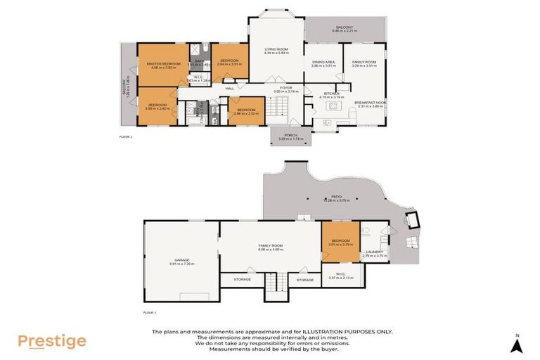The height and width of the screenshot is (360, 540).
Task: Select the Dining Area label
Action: tap(323, 61)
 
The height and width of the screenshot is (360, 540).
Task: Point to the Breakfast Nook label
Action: tap(368, 101)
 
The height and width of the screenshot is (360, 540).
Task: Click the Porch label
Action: tap(290, 134)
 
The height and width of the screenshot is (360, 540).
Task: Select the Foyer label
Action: tap(286, 87)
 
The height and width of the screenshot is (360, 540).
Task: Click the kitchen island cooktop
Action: tap(325, 122)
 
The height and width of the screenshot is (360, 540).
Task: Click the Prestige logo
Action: tap(52, 342)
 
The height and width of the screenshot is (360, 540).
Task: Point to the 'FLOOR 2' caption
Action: tap(127, 136)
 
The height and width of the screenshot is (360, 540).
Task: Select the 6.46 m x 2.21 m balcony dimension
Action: tap(345, 30)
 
